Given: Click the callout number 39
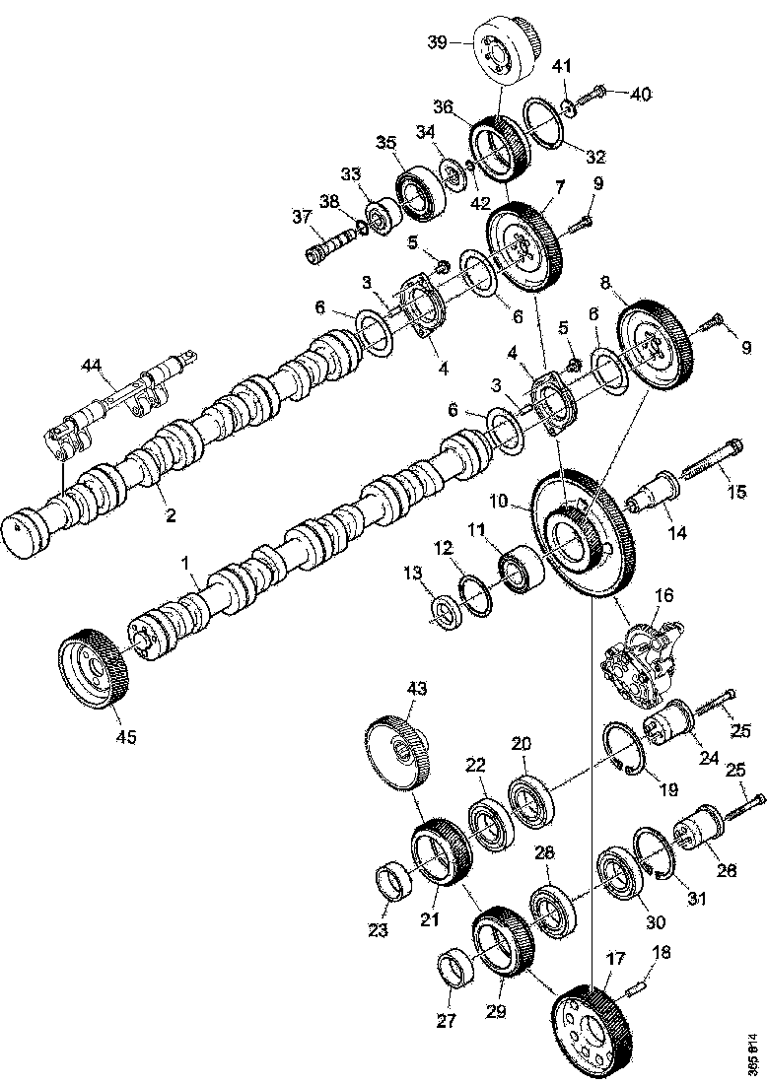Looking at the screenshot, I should tap(437, 41).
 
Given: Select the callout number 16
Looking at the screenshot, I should tap(663, 595).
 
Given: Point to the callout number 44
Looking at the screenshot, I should tap(92, 366).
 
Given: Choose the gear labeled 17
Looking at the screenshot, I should tap(593, 1032).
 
